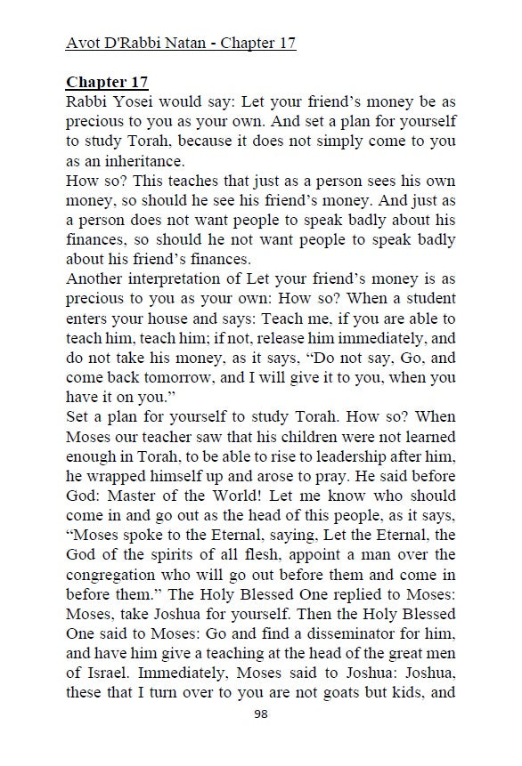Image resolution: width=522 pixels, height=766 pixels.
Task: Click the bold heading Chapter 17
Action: (x=108, y=82)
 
